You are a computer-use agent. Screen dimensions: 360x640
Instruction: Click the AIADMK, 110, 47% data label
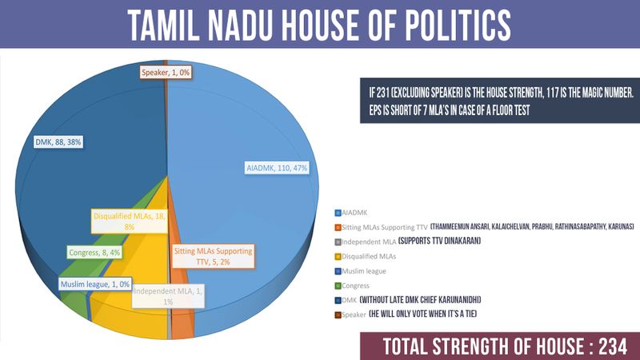tap(276, 168)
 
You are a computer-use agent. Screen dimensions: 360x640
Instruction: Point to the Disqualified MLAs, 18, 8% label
tap(130, 222)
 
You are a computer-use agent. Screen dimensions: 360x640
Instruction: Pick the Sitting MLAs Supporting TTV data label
tap(213, 256)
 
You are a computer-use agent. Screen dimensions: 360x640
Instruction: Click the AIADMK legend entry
tap(354, 214)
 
